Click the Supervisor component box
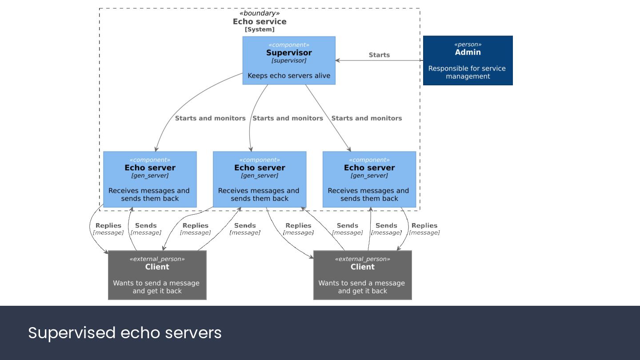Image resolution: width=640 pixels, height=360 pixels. pyautogui.click(x=289, y=60)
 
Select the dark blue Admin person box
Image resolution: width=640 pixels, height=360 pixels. pyautogui.click(x=468, y=60)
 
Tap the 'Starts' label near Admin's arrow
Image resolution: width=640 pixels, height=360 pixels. pyautogui.click(x=379, y=55)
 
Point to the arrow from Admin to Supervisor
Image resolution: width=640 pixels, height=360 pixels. pyautogui.click(x=379, y=60)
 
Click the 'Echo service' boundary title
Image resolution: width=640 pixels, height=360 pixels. pyautogui.click(x=260, y=21)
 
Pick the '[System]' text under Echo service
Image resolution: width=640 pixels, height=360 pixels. pyautogui.click(x=260, y=29)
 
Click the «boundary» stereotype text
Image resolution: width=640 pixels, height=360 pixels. pyautogui.click(x=260, y=13)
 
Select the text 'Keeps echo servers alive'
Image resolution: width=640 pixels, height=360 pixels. pyautogui.click(x=289, y=76)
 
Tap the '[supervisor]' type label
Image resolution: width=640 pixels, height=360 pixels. pyautogui.click(x=289, y=60)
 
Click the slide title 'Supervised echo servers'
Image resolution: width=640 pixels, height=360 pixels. pyautogui.click(x=125, y=332)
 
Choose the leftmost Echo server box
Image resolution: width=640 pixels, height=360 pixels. pyautogui.click(x=150, y=180)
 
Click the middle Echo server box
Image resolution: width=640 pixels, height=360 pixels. pyautogui.click(x=260, y=180)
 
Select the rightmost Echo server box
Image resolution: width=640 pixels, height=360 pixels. pyautogui.click(x=369, y=180)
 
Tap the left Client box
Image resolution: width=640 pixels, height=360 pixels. pyautogui.click(x=157, y=275)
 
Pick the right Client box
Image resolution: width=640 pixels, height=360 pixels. pyautogui.click(x=363, y=275)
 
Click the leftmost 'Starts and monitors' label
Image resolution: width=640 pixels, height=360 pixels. pyautogui.click(x=210, y=118)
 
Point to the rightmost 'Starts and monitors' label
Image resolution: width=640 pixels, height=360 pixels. pyautogui.click(x=367, y=118)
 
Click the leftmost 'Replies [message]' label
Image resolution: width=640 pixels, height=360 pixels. pyautogui.click(x=108, y=229)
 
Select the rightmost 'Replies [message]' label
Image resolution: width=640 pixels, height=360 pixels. pyautogui.click(x=424, y=229)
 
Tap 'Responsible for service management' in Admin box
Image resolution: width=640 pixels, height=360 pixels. pyautogui.click(x=467, y=72)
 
